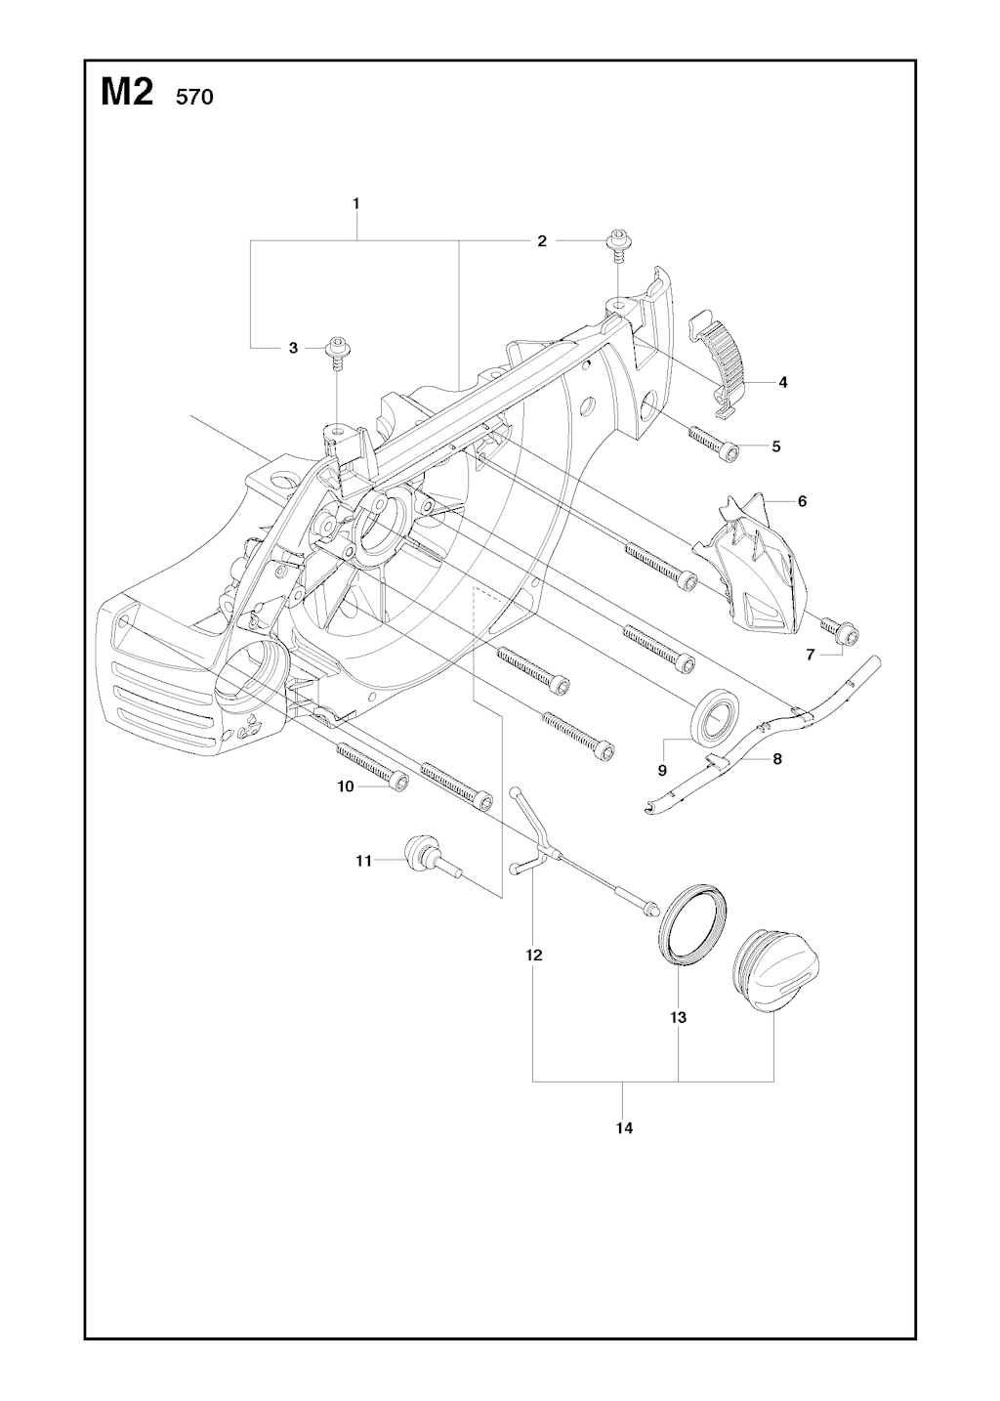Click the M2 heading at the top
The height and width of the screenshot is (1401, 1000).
point(127,94)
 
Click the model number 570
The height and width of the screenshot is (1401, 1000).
point(194,98)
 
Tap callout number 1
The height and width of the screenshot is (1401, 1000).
point(355,204)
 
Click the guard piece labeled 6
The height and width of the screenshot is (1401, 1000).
point(750,563)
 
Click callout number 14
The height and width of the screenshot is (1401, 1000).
point(624,1127)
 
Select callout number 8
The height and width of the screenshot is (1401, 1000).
point(777,759)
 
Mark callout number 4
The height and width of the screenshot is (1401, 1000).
point(783,382)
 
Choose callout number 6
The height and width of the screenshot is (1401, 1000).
point(802,501)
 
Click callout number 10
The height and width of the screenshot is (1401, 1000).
point(346,786)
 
